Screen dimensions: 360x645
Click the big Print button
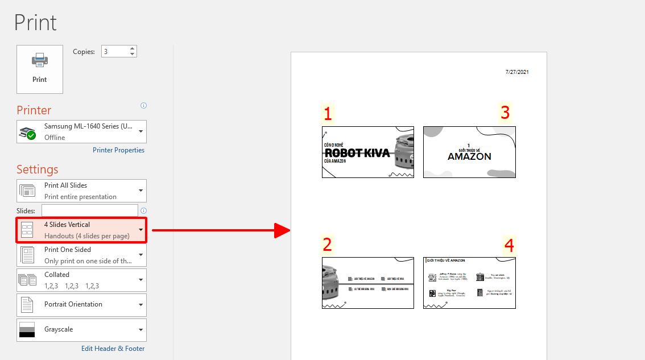[40, 69]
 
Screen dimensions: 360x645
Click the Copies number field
[114, 51]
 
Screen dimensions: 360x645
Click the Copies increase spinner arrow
[133, 48]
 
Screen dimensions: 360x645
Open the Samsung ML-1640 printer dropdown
[81, 131]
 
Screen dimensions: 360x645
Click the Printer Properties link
[118, 150]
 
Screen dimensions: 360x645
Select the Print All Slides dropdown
[81, 191]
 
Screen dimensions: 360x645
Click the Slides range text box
[89, 210]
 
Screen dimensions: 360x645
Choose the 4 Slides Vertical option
[81, 230]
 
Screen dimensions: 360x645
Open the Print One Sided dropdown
[81, 255]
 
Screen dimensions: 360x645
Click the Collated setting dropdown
[81, 280]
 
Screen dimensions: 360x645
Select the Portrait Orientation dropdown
[81, 305]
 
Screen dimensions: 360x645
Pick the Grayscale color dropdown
[81, 330]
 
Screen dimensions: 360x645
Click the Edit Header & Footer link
[113, 348]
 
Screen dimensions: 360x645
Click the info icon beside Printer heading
[143, 106]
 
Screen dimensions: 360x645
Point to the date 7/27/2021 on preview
[517, 72]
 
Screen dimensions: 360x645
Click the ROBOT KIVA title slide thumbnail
[367, 152]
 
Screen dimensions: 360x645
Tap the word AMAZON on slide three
[469, 156]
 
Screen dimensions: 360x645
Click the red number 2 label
[327, 245]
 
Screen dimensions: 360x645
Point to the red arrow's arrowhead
[283, 230]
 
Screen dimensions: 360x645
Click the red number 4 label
[508, 245]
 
